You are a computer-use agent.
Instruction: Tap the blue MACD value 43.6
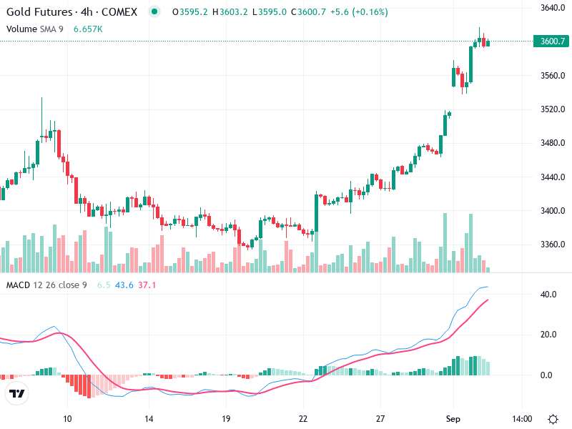124,285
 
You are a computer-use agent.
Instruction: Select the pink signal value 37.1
147,285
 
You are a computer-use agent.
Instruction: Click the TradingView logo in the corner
17,394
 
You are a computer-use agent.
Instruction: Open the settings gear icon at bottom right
553,418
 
